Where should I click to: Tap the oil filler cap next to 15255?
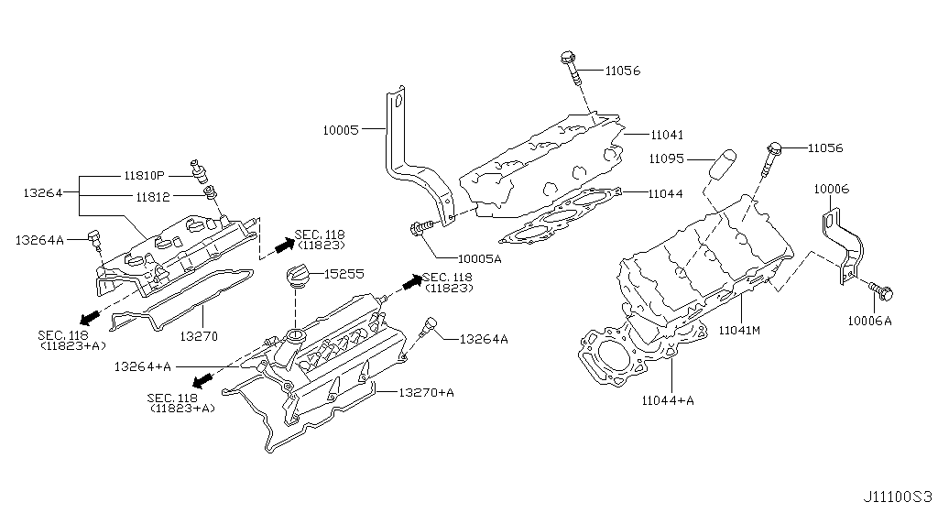point(300,277)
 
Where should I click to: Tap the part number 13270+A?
point(426,392)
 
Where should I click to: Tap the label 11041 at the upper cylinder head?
point(667,134)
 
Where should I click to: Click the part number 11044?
point(667,194)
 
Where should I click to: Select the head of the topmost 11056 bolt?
point(565,59)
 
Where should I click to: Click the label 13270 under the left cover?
point(198,336)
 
